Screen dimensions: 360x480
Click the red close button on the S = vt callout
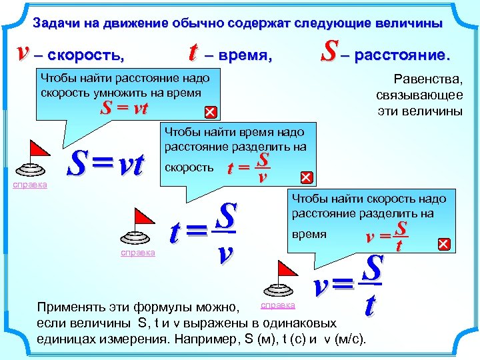(x=209, y=111)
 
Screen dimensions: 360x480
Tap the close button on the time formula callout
(x=306, y=177)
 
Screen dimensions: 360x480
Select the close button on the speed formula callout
(x=443, y=245)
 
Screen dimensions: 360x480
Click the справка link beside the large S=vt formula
(x=31, y=184)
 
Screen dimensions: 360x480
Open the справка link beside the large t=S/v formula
(x=137, y=252)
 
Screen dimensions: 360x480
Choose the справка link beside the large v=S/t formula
(x=277, y=305)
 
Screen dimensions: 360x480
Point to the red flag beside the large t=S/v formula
(x=143, y=217)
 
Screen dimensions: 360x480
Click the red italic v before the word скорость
(x=25, y=53)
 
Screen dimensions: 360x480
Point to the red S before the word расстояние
(x=328, y=52)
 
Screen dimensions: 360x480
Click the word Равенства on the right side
(x=429, y=79)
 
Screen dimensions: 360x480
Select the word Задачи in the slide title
(x=57, y=23)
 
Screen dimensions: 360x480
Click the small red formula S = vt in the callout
(x=124, y=109)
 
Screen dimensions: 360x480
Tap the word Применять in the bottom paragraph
(x=69, y=308)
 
